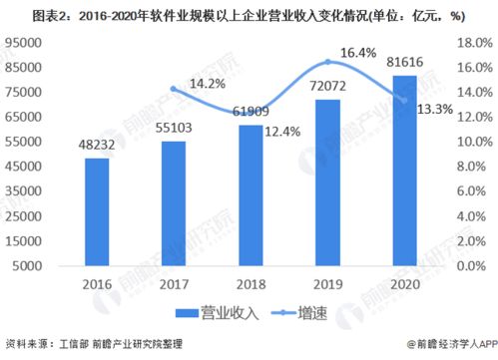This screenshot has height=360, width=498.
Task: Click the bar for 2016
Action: [96, 212]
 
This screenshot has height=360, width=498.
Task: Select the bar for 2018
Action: [250, 196]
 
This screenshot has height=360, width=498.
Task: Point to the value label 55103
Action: [174, 127]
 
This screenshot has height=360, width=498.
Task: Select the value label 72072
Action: [326, 87]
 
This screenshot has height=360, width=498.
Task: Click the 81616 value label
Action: [405, 63]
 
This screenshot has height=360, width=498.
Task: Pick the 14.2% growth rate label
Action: [206, 84]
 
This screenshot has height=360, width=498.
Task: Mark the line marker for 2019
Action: [327, 62]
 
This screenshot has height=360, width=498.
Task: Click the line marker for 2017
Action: [174, 89]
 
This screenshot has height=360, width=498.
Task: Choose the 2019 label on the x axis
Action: [327, 283]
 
